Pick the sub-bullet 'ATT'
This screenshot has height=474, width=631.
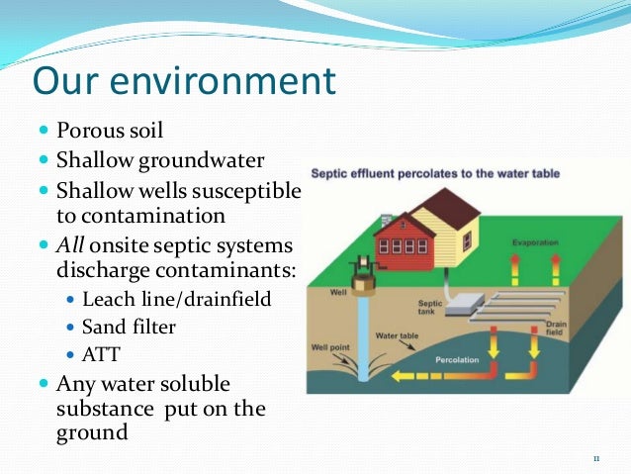click(x=99, y=353)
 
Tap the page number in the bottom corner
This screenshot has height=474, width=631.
click(x=596, y=458)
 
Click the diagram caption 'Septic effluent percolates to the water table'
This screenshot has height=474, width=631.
click(x=435, y=173)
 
